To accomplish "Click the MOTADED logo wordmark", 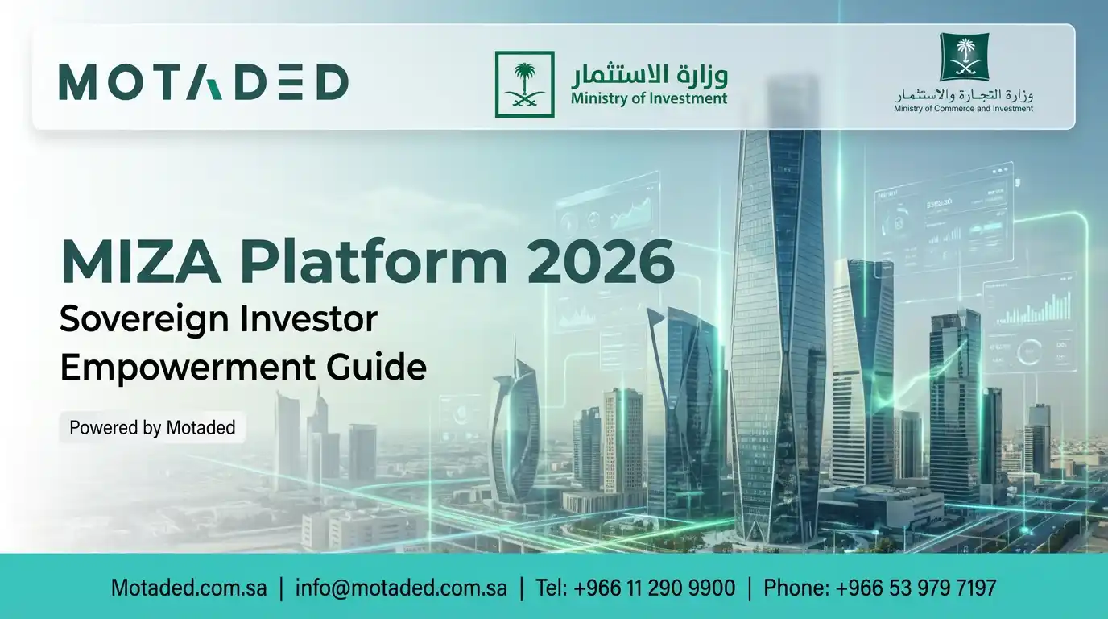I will pyautogui.click(x=203, y=83).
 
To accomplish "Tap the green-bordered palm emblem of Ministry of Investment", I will pyautogui.click(x=524, y=85).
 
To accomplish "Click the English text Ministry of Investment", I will pyautogui.click(x=649, y=99).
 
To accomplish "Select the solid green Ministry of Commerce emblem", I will pyautogui.click(x=964, y=57).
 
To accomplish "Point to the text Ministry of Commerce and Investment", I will pyautogui.click(x=963, y=108).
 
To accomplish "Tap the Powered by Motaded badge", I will pyautogui.click(x=152, y=427).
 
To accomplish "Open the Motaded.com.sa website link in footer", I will pyautogui.click(x=188, y=588).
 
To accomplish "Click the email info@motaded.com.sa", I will pyautogui.click(x=401, y=588).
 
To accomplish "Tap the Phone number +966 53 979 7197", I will pyautogui.click(x=879, y=588).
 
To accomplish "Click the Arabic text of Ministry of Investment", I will pyautogui.click(x=649, y=76).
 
